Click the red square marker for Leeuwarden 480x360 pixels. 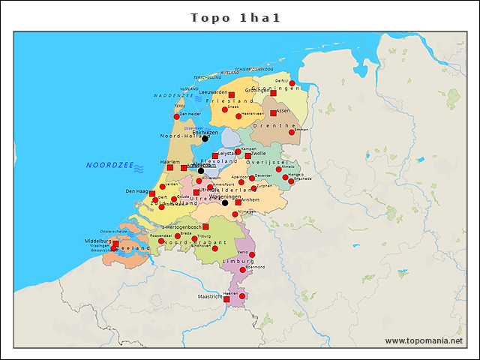[x=232, y=94]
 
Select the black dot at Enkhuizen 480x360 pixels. [x=205, y=139]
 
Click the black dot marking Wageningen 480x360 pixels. [x=225, y=202]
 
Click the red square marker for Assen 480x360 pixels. [x=273, y=114]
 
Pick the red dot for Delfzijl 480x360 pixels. [x=292, y=83]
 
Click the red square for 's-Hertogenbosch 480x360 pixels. [x=205, y=226]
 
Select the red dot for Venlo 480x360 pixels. [x=252, y=255]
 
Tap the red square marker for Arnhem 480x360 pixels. [x=238, y=202]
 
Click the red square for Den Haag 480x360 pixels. [x=152, y=193]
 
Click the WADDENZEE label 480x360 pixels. [x=174, y=96]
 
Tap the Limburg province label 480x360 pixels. [x=239, y=262]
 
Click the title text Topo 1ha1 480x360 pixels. [x=235, y=17]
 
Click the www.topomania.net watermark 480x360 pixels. [x=424, y=340]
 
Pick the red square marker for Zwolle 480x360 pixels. [x=248, y=156]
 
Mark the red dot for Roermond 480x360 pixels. [x=242, y=269]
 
